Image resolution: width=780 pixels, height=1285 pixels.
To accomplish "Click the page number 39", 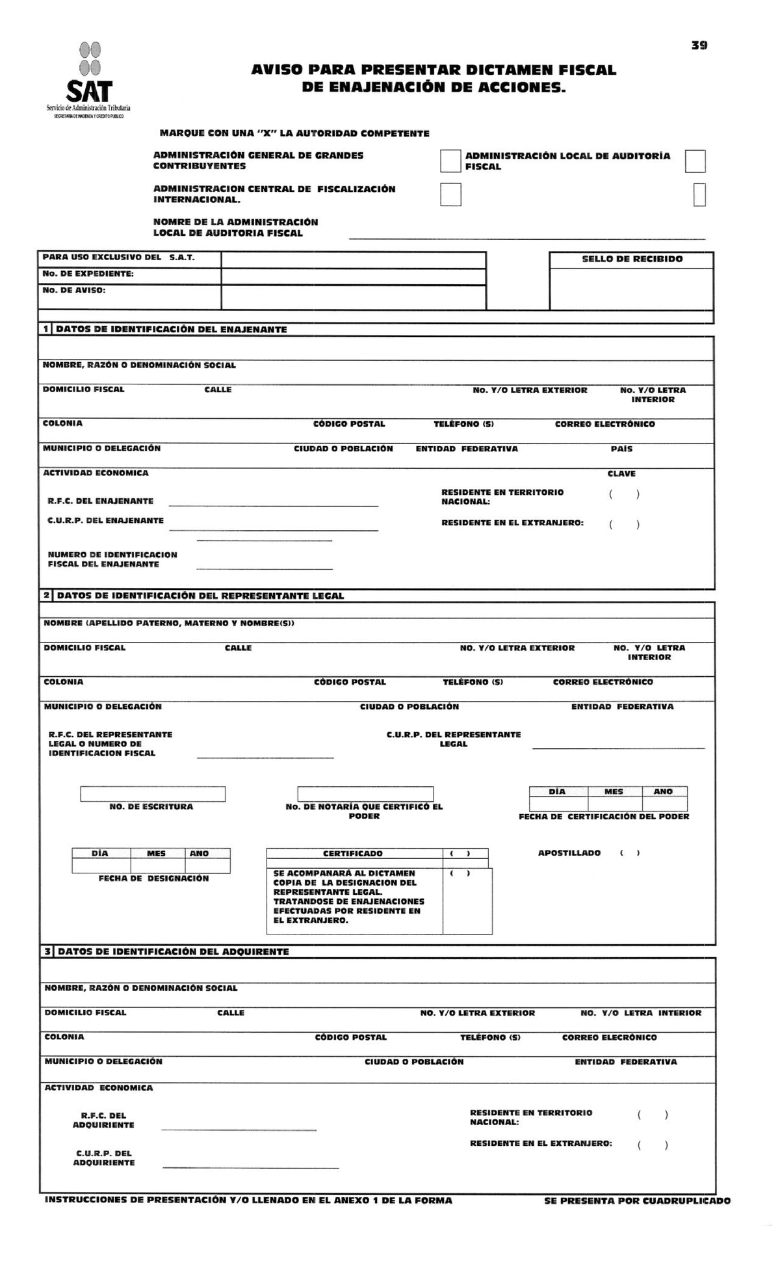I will point(699,46).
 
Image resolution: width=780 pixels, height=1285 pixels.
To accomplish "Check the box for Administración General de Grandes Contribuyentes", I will point(450,161).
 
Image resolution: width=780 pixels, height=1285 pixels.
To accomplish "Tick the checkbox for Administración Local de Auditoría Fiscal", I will point(695,161).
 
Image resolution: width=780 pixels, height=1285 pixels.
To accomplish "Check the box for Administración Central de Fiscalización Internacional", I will point(450,194).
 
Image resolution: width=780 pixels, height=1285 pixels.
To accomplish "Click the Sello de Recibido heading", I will point(632,259).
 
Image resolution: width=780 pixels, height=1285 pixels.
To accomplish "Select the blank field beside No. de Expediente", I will point(353,276).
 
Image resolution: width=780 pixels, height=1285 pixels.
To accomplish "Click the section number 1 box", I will point(45,330).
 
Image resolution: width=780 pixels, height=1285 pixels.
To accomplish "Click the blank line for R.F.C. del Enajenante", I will point(273,502).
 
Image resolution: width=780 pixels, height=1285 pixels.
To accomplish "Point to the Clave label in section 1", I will point(621,473).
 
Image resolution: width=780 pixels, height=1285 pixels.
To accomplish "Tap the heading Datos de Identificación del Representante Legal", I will point(200,596).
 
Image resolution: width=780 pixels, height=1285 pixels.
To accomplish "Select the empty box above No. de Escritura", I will point(153,794).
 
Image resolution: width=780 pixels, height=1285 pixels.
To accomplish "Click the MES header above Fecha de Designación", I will point(156,853).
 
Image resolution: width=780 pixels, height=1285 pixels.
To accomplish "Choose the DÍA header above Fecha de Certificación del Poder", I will point(557,791).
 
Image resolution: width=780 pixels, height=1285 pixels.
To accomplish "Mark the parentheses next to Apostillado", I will point(629,853).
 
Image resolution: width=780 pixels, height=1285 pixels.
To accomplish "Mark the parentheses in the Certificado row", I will point(460,853).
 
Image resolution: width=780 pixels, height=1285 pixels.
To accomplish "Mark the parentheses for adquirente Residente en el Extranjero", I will point(653,1145).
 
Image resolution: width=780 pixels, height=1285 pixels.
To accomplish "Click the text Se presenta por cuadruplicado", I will point(636,1201).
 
